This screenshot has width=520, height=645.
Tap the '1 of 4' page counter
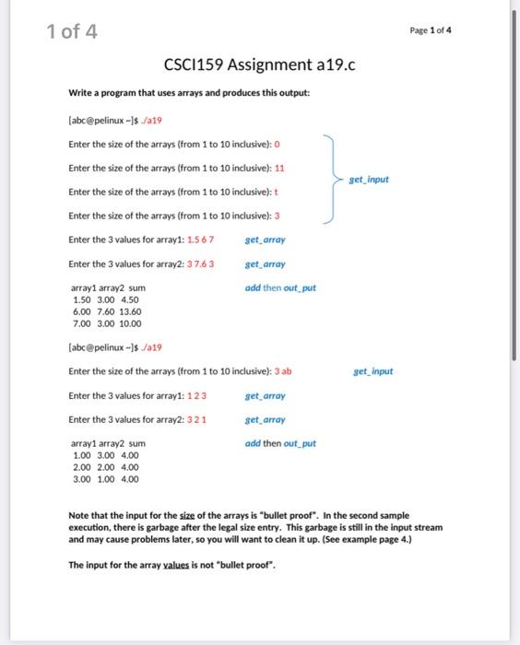(71, 34)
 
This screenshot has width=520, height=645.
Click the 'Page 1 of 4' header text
(431, 29)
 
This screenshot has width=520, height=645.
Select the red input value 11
(279, 168)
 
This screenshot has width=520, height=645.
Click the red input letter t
(277, 192)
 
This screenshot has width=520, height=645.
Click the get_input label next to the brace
(369, 180)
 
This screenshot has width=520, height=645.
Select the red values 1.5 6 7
(201, 240)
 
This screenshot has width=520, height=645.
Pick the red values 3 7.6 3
(201, 264)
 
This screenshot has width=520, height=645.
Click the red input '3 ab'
(283, 371)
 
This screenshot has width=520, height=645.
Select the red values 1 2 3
(196, 395)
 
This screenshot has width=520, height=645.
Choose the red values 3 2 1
(196, 419)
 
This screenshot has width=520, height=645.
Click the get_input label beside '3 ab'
(372, 371)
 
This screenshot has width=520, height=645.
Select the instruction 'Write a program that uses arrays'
(138, 93)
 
